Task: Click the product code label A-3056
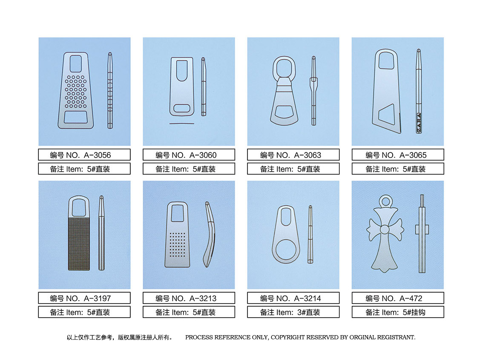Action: tap(84, 155)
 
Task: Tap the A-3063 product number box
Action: tap(293, 155)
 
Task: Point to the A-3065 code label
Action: tap(398, 155)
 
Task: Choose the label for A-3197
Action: tap(84, 298)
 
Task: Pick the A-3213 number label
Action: tap(189, 298)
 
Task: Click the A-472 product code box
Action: tap(398, 298)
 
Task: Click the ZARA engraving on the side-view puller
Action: tap(419, 123)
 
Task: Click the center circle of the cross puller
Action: tap(385, 230)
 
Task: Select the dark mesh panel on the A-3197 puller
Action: tap(79, 244)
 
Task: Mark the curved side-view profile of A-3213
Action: tap(210, 234)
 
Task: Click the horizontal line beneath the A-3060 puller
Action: tap(182, 124)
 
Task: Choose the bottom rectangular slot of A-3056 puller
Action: tap(75, 117)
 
